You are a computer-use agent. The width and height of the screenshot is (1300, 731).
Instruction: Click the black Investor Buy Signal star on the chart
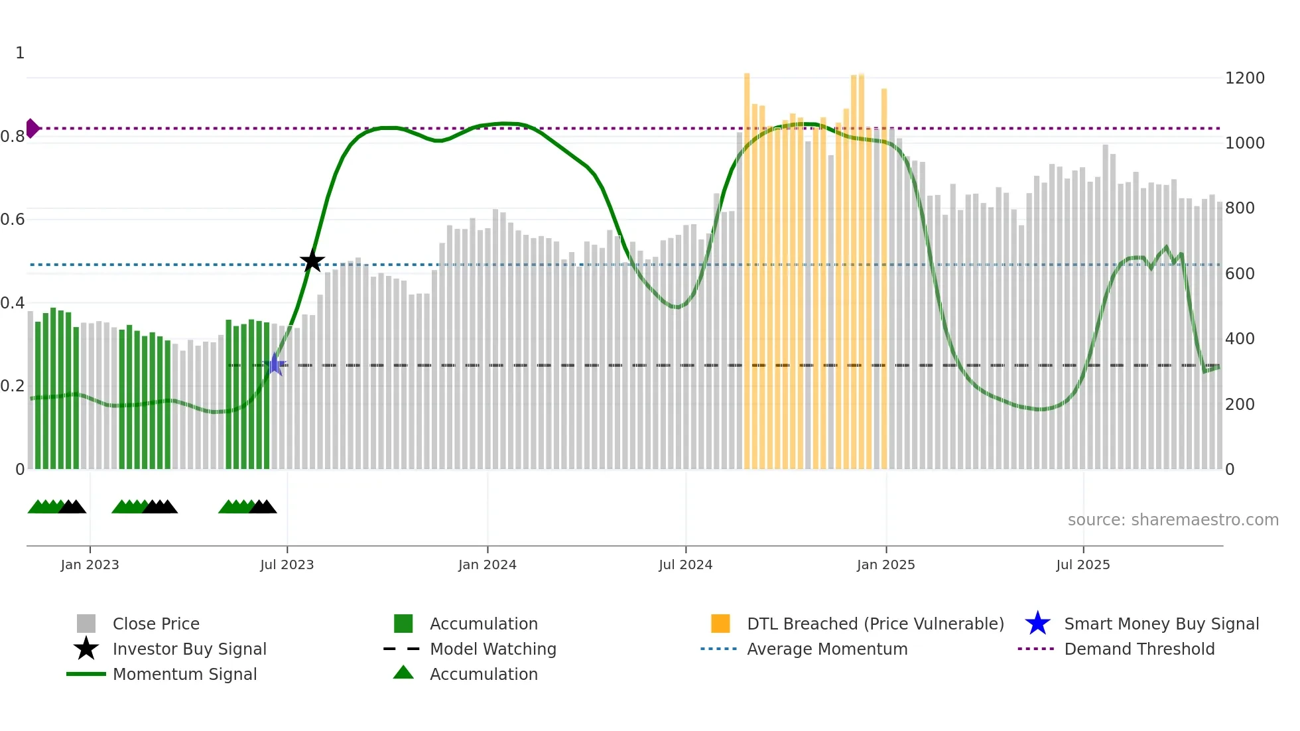312,261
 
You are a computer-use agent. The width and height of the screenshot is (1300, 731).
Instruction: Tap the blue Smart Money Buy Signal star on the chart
275,364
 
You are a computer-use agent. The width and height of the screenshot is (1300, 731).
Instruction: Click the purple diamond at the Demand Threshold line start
32,128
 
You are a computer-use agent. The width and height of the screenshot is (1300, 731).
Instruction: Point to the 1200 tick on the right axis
1244,78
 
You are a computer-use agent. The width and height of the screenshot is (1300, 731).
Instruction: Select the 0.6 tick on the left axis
12,220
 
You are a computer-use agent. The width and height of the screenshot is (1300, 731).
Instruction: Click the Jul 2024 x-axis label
685,565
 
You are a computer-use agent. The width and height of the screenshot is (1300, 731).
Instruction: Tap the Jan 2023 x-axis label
90,565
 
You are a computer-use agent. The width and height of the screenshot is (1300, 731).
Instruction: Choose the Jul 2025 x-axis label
1082,565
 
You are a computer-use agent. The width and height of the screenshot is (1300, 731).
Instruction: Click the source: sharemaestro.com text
1173,520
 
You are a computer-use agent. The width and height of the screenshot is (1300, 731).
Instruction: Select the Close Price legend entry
156,624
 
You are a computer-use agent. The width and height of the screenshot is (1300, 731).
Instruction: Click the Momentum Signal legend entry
184,675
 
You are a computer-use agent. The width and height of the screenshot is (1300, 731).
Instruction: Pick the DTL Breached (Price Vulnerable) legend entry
875,624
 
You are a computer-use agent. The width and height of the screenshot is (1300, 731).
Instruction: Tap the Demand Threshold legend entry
1139,649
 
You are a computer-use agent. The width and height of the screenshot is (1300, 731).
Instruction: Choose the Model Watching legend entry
492,649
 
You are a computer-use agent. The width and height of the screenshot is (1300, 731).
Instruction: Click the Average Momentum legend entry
826,649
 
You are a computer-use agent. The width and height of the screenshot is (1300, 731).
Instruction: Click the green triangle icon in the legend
403,673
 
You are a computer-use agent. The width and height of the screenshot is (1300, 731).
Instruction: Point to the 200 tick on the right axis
1239,405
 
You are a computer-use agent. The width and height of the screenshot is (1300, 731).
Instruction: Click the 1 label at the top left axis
20,53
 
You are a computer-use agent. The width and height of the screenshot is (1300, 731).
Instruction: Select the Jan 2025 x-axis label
885,565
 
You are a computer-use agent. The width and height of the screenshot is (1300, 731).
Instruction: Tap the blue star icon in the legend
1037,624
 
